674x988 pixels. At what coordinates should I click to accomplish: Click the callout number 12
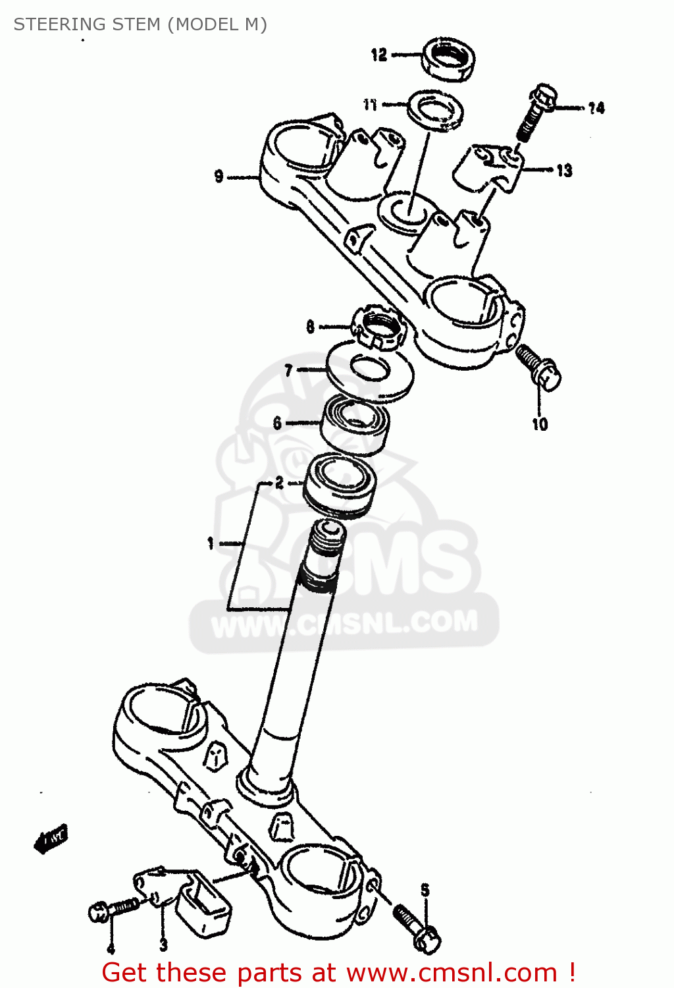coord(379,55)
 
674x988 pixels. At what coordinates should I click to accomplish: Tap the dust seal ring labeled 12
coord(448,60)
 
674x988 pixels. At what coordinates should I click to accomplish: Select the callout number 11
coord(371,104)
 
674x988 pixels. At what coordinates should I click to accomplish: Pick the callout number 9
coord(219,176)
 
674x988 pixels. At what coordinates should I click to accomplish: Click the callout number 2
coord(280,483)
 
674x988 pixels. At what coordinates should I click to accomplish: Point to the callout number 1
coord(211,543)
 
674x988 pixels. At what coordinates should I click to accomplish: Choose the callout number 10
coord(540,424)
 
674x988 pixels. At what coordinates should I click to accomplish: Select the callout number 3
coord(163,945)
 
